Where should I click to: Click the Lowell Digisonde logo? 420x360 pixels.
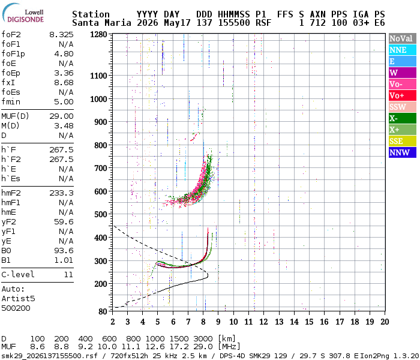tap(23, 13)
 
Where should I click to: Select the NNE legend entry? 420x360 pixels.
tap(403, 50)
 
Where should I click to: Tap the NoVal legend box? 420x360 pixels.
tap(403, 38)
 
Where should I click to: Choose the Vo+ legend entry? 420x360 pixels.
tap(403, 95)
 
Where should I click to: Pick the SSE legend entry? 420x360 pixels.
tap(403, 141)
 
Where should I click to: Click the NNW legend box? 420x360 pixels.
tap(403, 152)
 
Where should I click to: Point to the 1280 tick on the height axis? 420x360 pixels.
tap(98, 34)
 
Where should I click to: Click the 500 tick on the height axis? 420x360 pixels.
tap(101, 214)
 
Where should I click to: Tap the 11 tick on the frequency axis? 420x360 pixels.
tap(248, 322)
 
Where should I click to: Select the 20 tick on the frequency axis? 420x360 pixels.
tap(385, 322)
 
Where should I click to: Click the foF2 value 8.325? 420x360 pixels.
tap(61, 35)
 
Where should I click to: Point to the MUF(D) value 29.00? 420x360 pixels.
tap(61, 116)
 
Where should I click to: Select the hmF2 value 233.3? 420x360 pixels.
tap(61, 193)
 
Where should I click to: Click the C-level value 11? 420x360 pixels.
tap(68, 274)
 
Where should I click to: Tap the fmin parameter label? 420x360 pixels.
tap(11, 102)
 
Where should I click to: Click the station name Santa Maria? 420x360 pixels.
tap(101, 23)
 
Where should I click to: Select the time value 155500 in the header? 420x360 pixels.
tap(234, 23)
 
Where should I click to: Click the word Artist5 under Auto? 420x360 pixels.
tap(18, 298)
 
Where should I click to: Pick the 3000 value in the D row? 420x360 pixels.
tap(203, 338)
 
